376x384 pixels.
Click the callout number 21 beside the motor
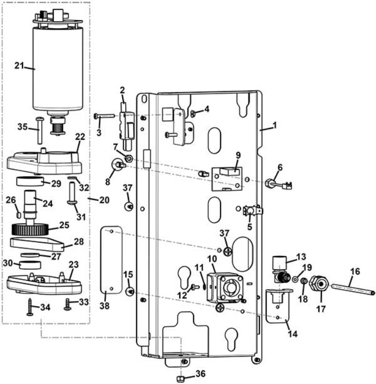[19, 65]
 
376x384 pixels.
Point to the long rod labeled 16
[352, 288]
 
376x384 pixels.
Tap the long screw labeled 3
[104, 116]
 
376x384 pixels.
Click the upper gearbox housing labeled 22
[46, 161]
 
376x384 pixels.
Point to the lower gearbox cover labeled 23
[43, 283]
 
